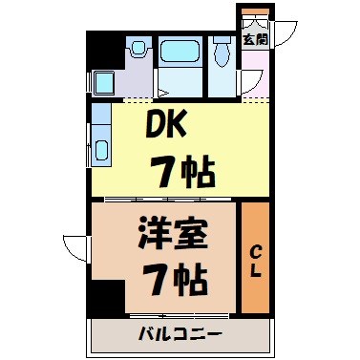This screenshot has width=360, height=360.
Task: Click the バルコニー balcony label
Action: click(180, 334)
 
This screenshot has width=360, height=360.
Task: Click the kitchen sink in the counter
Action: click(101, 151)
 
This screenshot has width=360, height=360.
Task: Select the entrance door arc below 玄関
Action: click(251, 84)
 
